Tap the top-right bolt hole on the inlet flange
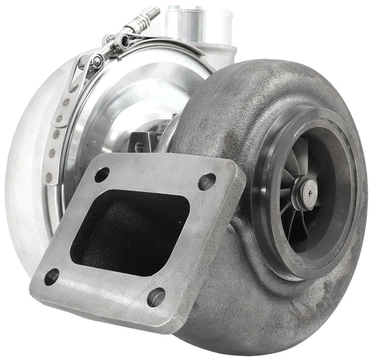208,181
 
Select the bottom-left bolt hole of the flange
51,278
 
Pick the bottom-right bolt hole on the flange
156,297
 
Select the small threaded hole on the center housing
139,146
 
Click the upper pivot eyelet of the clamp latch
123,41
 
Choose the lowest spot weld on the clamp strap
49,178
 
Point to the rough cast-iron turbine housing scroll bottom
267,324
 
